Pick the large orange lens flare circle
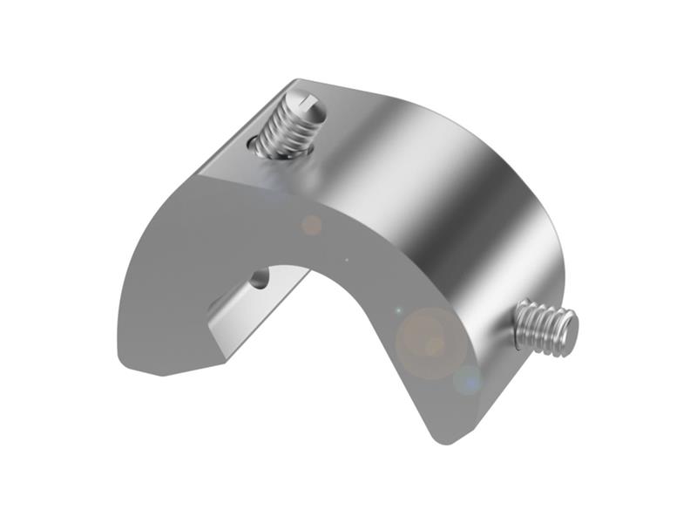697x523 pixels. click(431, 343)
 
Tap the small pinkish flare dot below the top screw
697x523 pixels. click(310, 225)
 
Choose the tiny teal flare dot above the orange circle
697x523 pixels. click(397, 310)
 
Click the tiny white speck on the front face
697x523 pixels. click(348, 259)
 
